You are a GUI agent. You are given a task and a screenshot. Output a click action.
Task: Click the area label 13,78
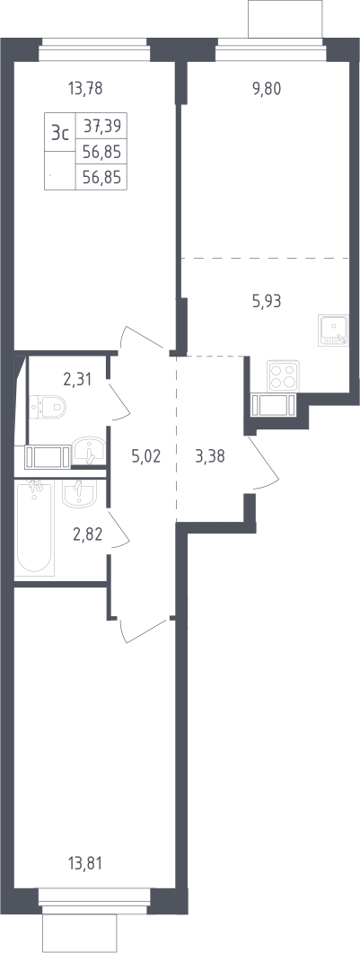coord(85,89)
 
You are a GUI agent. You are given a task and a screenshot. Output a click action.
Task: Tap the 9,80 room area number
coord(268,89)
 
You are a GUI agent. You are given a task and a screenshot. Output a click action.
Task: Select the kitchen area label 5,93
coord(267,301)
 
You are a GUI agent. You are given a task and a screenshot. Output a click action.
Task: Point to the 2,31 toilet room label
coord(77,380)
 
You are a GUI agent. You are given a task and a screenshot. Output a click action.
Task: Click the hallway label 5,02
coord(146,455)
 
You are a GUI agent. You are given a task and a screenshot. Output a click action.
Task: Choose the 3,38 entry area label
coord(210,455)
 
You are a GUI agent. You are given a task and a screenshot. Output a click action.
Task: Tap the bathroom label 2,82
coord(88,534)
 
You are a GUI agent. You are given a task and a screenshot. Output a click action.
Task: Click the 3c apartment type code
coord(59,133)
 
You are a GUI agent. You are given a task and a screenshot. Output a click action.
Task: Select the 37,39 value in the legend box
coord(102,126)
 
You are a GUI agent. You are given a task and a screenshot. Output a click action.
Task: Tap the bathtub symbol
coord(36,527)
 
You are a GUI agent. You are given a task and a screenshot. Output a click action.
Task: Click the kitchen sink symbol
coord(333,330)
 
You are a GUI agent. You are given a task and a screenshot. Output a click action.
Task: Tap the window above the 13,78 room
coord(93,50)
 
